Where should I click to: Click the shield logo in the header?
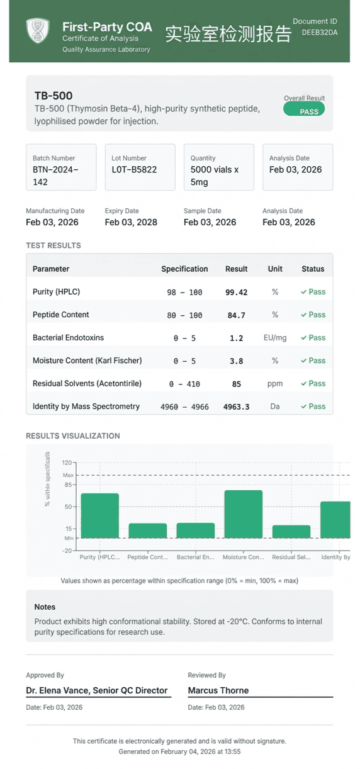click(38, 31)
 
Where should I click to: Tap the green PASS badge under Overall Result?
click(304, 109)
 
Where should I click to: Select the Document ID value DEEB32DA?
click(320, 33)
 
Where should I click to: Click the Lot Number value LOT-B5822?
click(134, 169)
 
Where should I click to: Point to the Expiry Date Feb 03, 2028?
click(131, 222)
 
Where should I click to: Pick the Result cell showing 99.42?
click(236, 292)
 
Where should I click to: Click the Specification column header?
click(184, 269)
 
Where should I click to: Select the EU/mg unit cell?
click(275, 338)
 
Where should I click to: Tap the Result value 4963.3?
click(236, 407)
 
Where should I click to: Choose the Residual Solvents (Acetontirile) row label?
click(87, 383)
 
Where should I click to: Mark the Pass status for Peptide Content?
click(313, 315)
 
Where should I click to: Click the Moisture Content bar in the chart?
click(244, 514)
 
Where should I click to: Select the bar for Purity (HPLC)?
click(100, 515)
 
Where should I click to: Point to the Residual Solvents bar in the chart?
click(291, 532)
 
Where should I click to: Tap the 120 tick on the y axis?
click(67, 463)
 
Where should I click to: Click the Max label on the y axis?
click(68, 475)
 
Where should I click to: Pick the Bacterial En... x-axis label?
click(196, 557)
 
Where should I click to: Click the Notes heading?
click(45, 607)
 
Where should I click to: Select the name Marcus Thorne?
click(218, 690)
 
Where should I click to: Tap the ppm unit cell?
click(275, 384)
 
